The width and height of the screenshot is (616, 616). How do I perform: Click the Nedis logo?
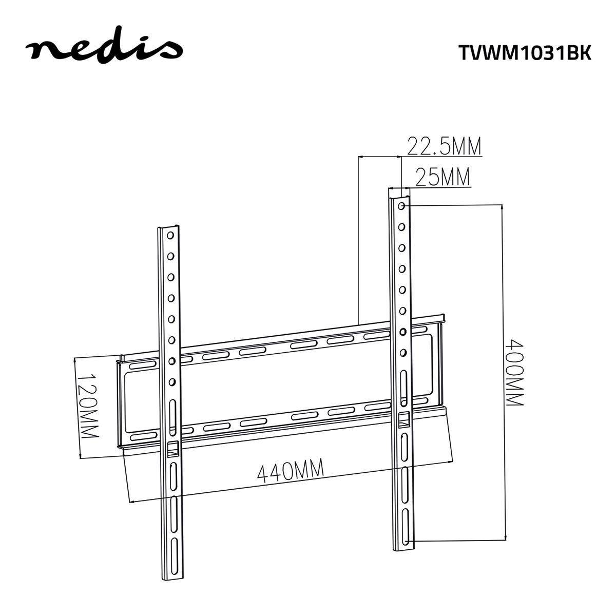(x=104, y=49)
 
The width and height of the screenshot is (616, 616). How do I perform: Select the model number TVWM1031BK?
(x=524, y=53)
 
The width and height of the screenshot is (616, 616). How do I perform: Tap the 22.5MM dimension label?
(x=444, y=146)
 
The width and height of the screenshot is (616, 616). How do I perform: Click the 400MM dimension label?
(x=514, y=372)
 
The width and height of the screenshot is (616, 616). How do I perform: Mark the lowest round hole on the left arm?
(x=171, y=381)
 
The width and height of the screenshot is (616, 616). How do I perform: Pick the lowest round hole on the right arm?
(x=403, y=353)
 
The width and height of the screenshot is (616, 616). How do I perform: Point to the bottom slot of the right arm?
(x=406, y=534)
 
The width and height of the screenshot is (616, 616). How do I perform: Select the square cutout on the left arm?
(x=172, y=448)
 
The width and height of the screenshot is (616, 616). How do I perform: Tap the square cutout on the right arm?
(x=405, y=419)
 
